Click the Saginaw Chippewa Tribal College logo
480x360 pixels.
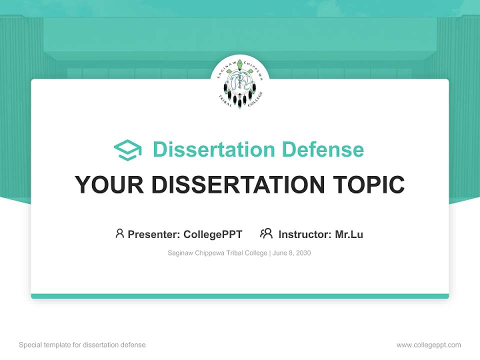240,83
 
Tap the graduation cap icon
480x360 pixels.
127,150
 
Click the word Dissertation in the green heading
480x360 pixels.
213,149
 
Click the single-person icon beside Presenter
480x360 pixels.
119,233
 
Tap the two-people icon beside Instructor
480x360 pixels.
266,233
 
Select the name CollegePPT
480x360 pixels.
213,234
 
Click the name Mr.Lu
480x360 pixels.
349,234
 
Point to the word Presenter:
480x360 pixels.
154,234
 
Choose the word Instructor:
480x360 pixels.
305,234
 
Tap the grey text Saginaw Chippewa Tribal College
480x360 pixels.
217,253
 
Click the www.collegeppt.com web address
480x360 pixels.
428,345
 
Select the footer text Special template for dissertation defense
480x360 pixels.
82,345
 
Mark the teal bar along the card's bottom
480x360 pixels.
240,296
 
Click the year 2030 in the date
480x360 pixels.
303,253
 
